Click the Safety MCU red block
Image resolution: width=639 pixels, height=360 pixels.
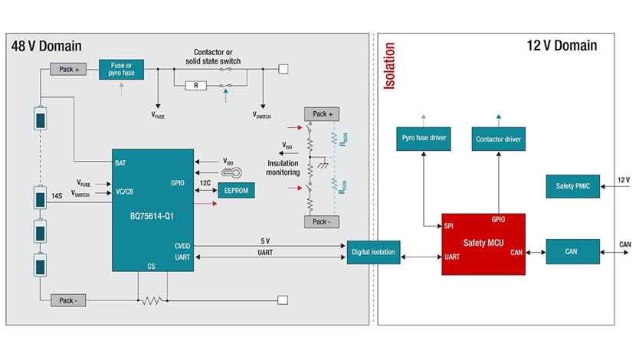coord(483,244)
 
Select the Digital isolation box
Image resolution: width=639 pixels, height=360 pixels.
coord(373,252)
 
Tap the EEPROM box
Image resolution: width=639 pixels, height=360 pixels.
coord(236,190)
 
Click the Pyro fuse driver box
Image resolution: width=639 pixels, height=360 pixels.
coord(424,139)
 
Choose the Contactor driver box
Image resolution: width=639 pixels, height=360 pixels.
coord(498,139)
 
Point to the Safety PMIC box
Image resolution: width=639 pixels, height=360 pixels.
coord(572,186)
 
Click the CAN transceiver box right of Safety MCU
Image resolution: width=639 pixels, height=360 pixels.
coord(572,252)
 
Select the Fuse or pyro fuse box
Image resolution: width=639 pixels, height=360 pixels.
coord(122,69)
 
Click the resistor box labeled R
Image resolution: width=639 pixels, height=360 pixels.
coord(195,86)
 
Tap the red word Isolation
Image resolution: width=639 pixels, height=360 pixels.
coord(389,66)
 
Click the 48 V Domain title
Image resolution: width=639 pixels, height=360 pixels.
coord(47,46)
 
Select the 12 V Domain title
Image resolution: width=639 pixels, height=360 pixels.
coord(562,46)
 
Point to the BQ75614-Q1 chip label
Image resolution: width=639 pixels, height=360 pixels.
coord(152,216)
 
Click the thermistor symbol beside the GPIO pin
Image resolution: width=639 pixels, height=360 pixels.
coord(231,172)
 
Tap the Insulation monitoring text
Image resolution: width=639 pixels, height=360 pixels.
coord(283,168)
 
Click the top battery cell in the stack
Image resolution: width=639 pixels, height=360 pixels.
coord(40,118)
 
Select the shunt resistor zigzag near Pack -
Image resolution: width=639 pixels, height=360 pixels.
coord(152,300)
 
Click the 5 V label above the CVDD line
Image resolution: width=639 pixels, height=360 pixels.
coord(265,241)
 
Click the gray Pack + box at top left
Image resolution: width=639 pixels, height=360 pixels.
coord(68,69)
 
